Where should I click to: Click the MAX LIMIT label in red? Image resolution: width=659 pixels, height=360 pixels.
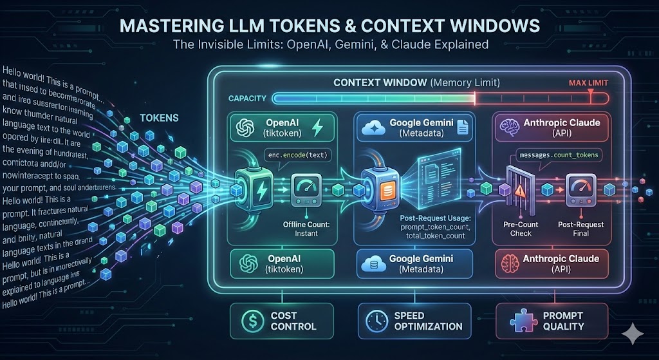click(x=589, y=83)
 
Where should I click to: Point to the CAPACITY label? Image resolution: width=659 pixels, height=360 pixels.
click(x=248, y=98)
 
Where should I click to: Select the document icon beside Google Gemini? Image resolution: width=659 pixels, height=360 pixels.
click(x=461, y=128)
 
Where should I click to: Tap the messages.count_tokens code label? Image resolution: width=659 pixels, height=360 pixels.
click(x=554, y=156)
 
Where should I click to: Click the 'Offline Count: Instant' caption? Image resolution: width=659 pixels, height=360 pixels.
click(x=306, y=229)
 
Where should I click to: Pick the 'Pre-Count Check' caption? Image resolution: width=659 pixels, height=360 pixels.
click(x=521, y=229)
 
